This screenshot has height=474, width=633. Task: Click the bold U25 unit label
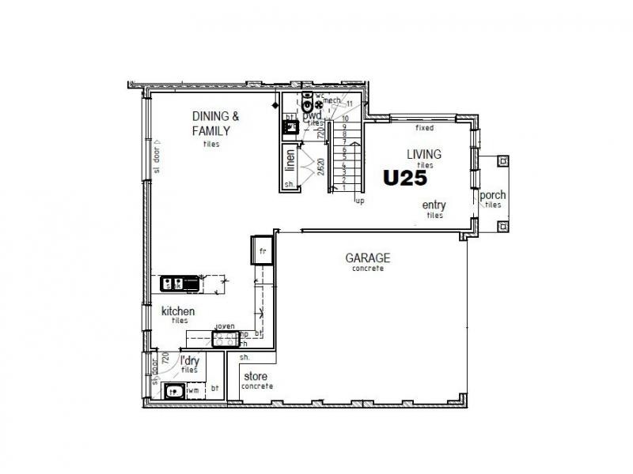coord(405,179)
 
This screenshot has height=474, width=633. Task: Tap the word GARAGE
coord(368,258)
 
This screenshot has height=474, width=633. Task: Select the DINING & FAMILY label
coord(215,123)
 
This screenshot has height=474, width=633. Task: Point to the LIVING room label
coord(424,154)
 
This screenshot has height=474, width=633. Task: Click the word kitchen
coord(178,311)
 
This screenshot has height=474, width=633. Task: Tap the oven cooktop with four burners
coord(226,340)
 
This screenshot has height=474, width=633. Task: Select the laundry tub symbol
coord(172,390)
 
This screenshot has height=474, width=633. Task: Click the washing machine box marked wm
coord(193,389)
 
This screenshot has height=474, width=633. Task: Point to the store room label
coord(255,376)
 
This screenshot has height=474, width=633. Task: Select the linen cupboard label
coord(290,160)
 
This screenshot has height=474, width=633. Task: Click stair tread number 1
coord(344,186)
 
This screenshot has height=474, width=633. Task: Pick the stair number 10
coord(345,118)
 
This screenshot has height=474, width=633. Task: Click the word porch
coord(492,196)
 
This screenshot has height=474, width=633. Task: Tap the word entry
coord(434,205)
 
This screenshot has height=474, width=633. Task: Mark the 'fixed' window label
coord(424,127)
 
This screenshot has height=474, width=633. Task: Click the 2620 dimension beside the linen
coord(320,167)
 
